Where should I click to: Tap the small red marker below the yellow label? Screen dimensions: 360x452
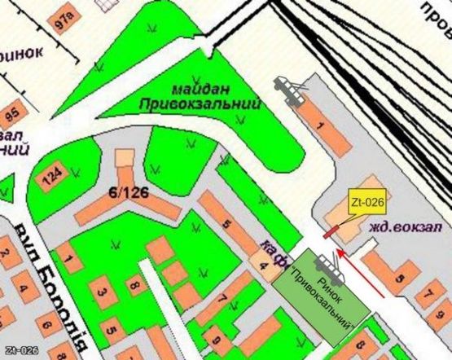coord(331,232)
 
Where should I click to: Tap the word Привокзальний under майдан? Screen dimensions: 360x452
coord(200,104)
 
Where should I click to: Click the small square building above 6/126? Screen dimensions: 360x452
coord(124,156)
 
